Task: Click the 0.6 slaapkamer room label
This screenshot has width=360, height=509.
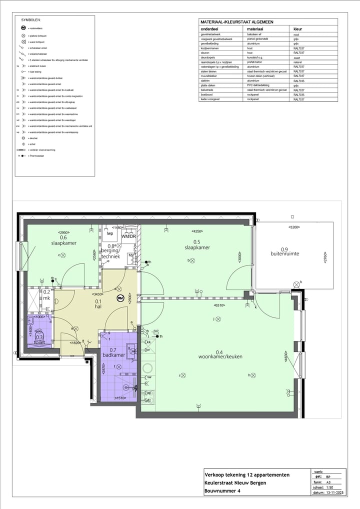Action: pyautogui.click(x=63, y=240)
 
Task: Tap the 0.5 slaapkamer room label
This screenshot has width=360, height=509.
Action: pyautogui.click(x=197, y=244)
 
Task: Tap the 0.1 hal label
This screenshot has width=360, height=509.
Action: pyautogui.click(x=98, y=304)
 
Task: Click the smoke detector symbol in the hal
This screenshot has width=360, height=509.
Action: pyautogui.click(x=120, y=298)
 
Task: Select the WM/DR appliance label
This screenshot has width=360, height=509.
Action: pyautogui.click(x=128, y=236)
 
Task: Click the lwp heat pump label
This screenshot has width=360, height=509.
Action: pyautogui.click(x=109, y=233)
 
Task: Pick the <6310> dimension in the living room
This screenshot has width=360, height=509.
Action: pyautogui.click(x=219, y=305)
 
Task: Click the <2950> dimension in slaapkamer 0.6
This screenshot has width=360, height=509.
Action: pyautogui.click(x=63, y=232)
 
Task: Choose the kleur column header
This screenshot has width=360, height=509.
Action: pyautogui.click(x=297, y=29)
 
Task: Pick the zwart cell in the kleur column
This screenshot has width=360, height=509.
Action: pyautogui.click(x=296, y=57)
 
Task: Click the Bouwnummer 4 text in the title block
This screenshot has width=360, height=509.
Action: pyautogui.click(x=224, y=491)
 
